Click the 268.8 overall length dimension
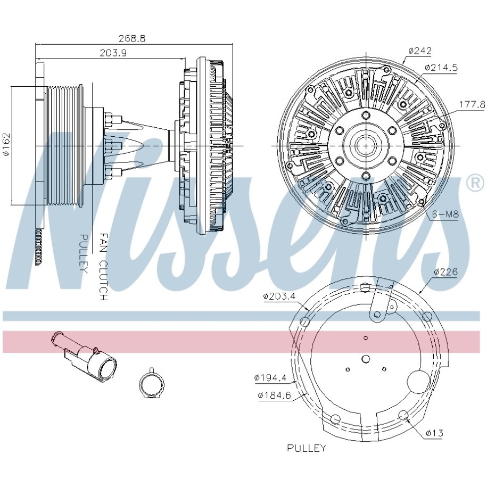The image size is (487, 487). tap(132, 38)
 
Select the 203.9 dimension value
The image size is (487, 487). tap(113, 53)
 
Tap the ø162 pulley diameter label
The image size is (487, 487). tap(6, 144)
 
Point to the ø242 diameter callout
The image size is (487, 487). tap(420, 51)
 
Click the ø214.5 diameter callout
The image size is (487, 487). tap(441, 68)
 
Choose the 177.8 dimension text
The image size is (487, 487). tap(472, 104)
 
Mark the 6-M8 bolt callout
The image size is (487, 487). tap(445, 214)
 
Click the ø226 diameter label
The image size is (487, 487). tap(446, 272)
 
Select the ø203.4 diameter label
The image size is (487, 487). tap(279, 296)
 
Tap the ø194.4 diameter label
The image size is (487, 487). tap(270, 378)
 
